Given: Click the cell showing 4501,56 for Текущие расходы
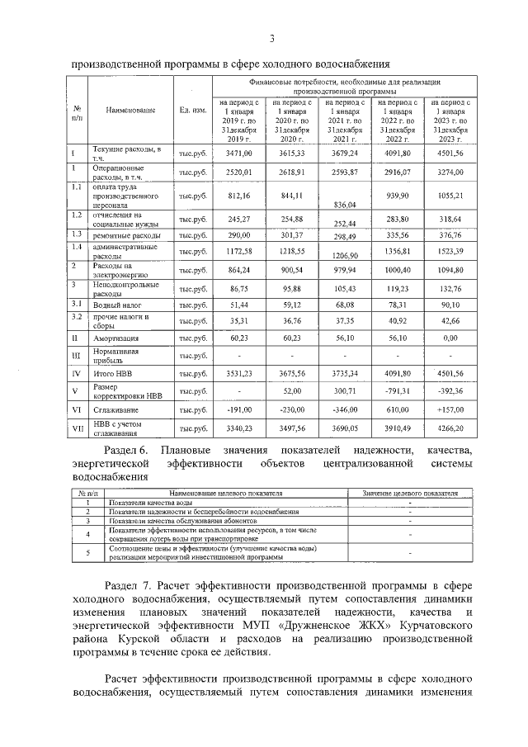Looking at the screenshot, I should (450, 154).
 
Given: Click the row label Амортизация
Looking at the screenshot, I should (115, 339).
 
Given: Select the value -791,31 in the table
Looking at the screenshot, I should (397, 391).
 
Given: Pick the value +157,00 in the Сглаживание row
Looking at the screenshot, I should (450, 409).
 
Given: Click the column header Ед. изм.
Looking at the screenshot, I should (193, 110).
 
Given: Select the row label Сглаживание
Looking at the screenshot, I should (115, 409).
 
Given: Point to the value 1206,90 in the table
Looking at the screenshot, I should (343, 256).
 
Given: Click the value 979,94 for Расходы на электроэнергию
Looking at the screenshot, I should (343, 270).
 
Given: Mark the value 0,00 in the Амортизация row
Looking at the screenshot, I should (450, 338).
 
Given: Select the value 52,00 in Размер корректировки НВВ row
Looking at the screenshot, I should (291, 391).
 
